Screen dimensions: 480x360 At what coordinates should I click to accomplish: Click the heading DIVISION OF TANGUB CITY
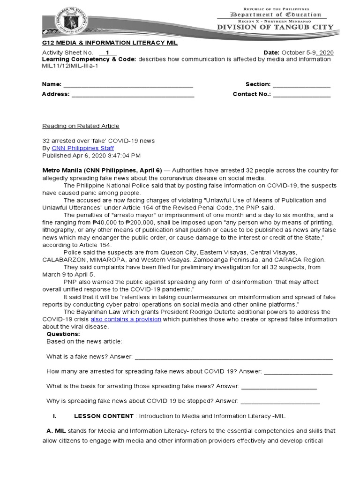pos(275,27)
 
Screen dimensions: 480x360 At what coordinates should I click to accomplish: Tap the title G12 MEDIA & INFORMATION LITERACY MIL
pos(110,43)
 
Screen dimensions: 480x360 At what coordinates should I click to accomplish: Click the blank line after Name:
pos(128,84)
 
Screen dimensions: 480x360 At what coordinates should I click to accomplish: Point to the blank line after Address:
pos(133,94)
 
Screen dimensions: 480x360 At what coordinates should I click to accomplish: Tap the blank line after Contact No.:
pos(302,94)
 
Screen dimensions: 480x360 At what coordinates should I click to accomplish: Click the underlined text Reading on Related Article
pos(81,126)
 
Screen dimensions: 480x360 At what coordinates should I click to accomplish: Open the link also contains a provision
pos(126,319)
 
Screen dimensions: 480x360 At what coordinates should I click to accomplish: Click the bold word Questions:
pos(63,334)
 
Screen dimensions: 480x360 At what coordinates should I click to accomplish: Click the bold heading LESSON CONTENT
pos(104,416)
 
